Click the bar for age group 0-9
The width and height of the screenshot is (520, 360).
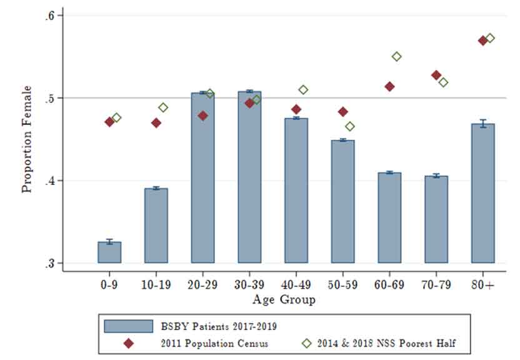point(109,252)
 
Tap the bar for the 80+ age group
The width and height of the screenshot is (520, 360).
point(482,194)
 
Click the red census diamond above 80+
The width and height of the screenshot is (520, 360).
point(482,41)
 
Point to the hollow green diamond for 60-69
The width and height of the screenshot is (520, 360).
point(396,57)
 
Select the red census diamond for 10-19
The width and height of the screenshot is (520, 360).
point(156,122)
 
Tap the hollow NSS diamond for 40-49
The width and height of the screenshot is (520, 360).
point(303,90)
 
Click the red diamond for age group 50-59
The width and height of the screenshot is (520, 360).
point(342,112)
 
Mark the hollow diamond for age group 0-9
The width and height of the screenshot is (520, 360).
point(116,117)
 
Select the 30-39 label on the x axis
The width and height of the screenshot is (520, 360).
point(249,284)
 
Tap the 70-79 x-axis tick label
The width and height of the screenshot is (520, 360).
point(436,284)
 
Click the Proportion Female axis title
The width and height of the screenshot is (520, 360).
point(27,139)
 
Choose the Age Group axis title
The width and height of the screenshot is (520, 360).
point(284,300)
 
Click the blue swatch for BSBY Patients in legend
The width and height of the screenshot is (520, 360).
point(129,326)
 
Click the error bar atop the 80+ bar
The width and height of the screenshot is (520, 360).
point(482,123)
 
